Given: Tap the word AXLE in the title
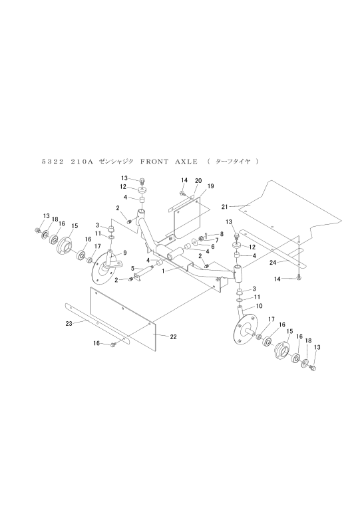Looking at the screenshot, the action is point(186,162).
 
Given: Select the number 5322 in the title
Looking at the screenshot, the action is point(53,162).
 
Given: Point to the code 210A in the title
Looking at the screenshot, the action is point(82,162).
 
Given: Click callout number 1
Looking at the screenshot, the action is point(164,271).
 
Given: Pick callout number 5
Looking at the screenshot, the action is point(132,269).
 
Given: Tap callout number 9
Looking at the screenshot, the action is point(124,252).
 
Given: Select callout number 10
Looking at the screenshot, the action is point(259,306).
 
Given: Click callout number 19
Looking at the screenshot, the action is point(211,186).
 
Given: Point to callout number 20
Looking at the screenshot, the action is point(198,180).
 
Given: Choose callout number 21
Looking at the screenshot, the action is point(224,207).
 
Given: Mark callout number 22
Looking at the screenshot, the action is point(173,336).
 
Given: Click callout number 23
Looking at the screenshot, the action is point(69,324).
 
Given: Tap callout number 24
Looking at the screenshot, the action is point(273,262).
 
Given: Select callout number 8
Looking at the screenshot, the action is point(221,233).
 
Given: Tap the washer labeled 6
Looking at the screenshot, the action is point(196,242).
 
